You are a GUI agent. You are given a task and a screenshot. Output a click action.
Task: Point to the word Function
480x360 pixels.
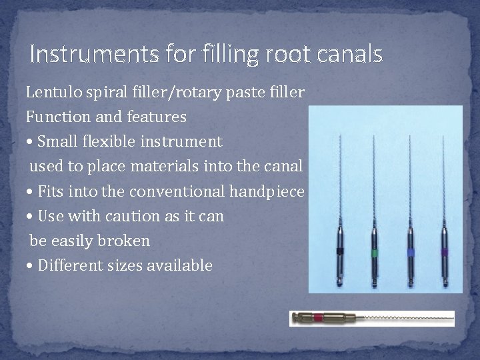click(55, 117)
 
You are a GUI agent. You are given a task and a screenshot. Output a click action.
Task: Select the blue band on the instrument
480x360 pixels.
click(410, 253)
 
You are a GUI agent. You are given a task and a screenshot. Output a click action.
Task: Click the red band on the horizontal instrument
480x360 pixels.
click(317, 318)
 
